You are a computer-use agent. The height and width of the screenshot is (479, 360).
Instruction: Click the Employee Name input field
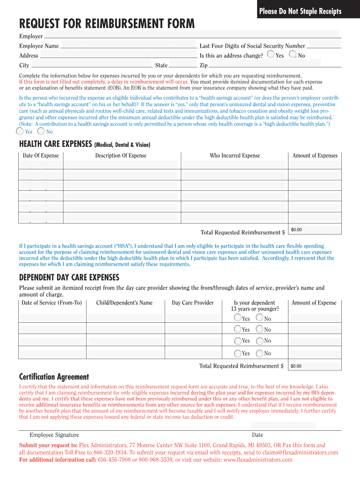point(129,45)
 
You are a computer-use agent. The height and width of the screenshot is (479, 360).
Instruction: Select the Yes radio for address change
point(271,55)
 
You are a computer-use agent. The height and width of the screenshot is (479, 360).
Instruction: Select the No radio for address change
point(293,55)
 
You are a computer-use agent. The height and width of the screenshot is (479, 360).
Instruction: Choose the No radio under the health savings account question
point(41,131)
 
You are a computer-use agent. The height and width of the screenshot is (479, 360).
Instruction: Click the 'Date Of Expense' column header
point(41,156)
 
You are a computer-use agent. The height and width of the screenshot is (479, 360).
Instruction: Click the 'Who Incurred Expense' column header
point(235,156)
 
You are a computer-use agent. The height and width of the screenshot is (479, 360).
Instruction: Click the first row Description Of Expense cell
point(121,164)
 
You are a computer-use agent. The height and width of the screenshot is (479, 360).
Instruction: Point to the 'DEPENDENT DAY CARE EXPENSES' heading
point(69,277)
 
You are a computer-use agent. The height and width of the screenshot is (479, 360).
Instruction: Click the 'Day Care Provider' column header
point(193,303)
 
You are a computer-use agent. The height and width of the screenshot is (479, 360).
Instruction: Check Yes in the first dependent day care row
point(238,318)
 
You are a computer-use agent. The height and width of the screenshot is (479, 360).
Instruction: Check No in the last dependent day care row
point(260,353)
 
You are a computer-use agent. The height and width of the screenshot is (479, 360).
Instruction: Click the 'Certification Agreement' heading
point(54,377)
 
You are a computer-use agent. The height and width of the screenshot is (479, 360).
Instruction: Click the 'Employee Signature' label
point(54,435)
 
